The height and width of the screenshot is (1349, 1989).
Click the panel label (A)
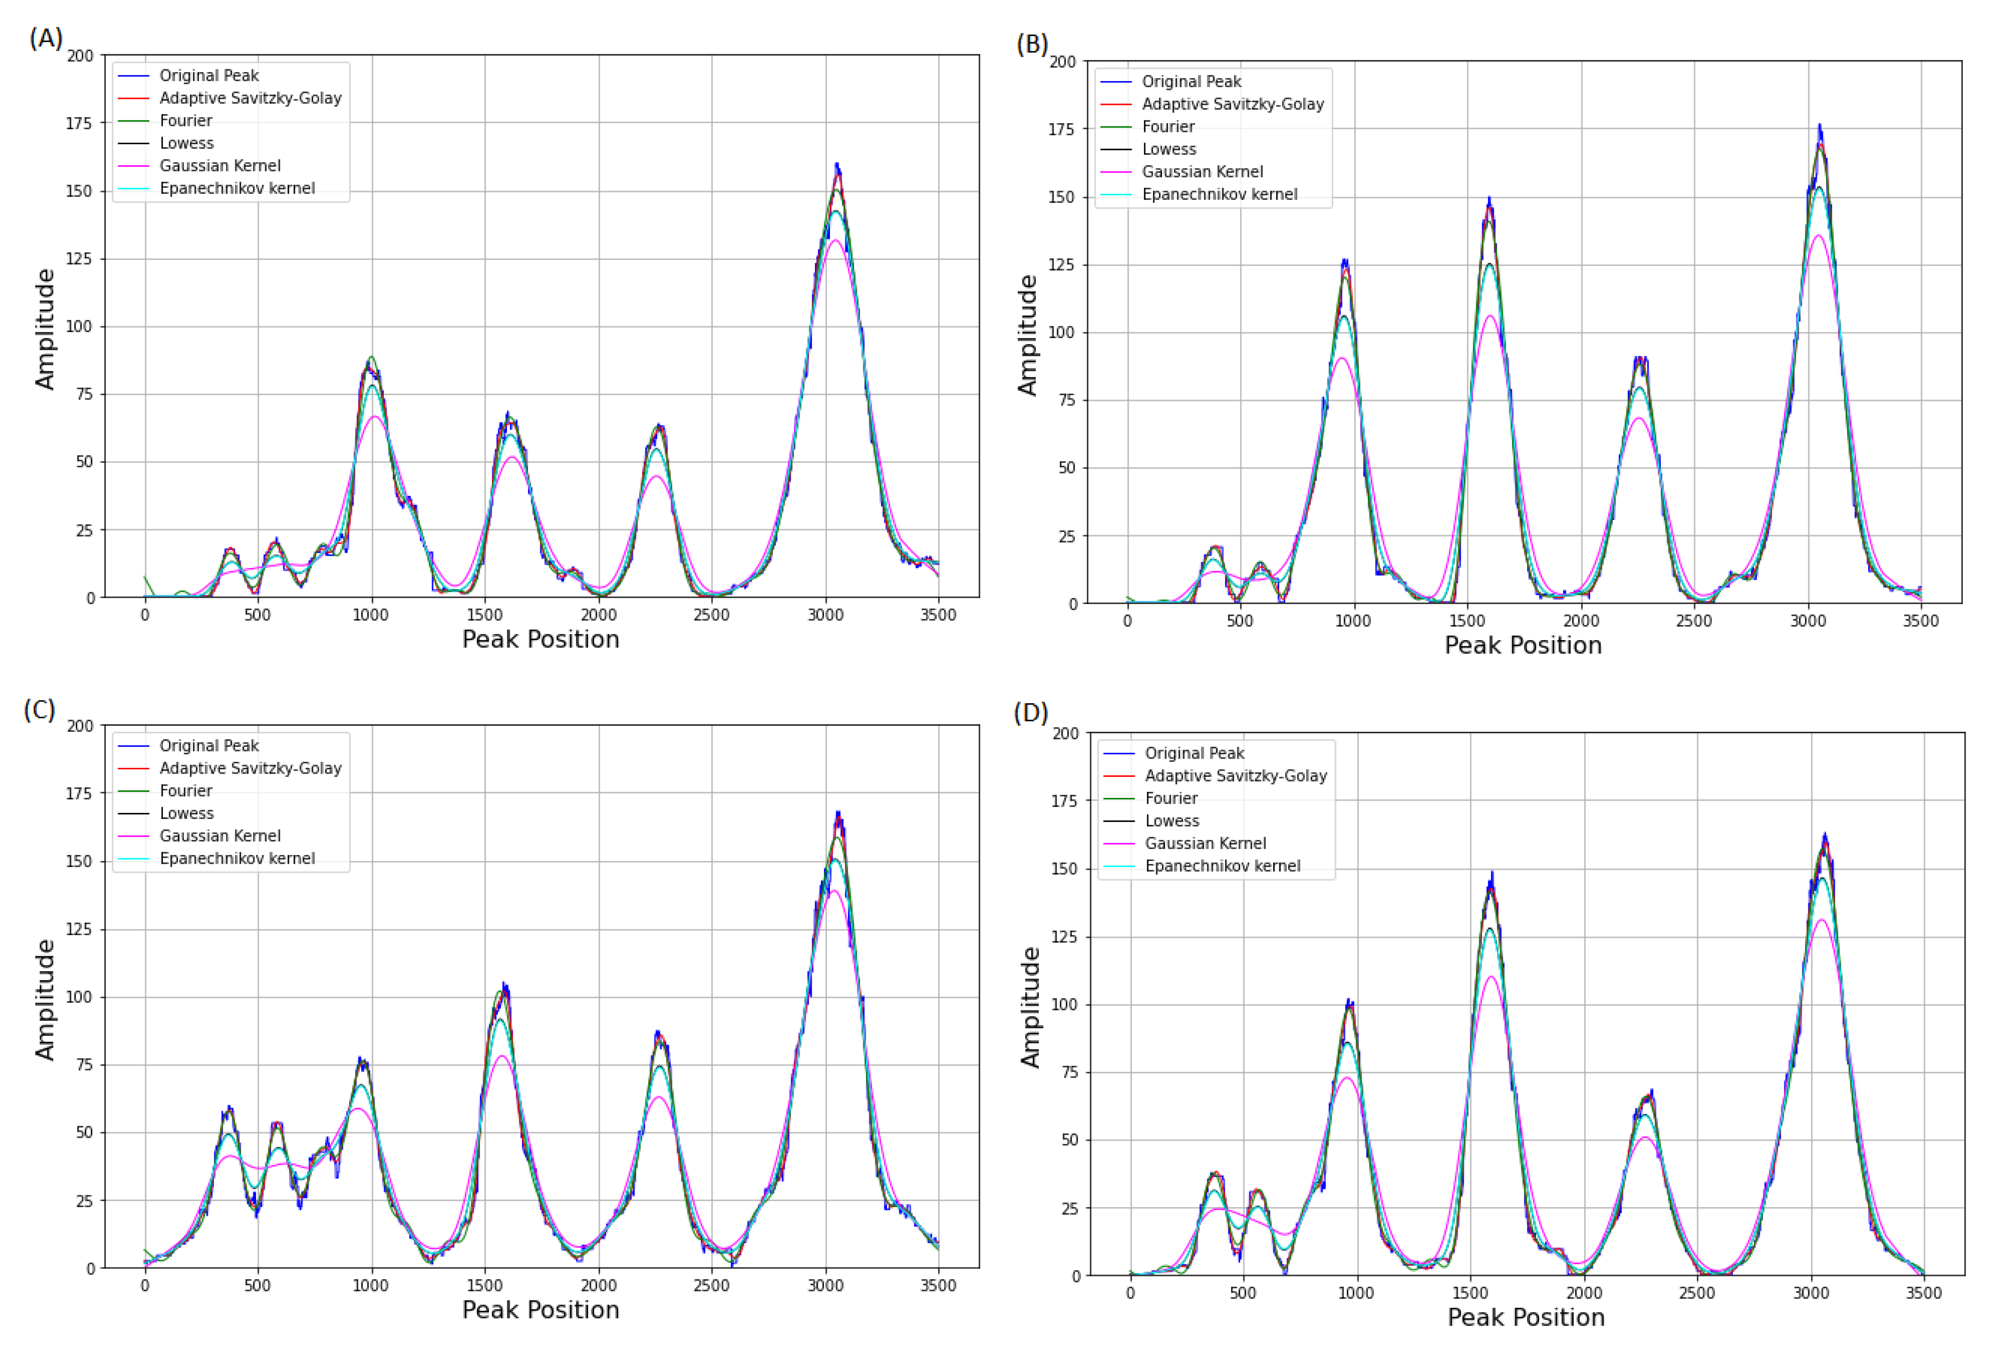[45, 38]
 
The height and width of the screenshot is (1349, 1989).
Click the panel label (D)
[1030, 713]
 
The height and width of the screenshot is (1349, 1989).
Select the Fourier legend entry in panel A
[186, 121]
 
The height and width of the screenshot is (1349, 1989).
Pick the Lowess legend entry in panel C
[187, 813]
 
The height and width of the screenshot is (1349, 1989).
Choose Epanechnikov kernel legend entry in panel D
[1222, 866]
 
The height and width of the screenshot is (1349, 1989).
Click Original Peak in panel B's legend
[1191, 81]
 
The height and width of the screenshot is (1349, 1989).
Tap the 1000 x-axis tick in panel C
[371, 1286]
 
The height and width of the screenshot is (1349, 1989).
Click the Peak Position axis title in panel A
[540, 640]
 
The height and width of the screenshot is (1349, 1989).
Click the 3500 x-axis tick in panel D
[1923, 1293]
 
